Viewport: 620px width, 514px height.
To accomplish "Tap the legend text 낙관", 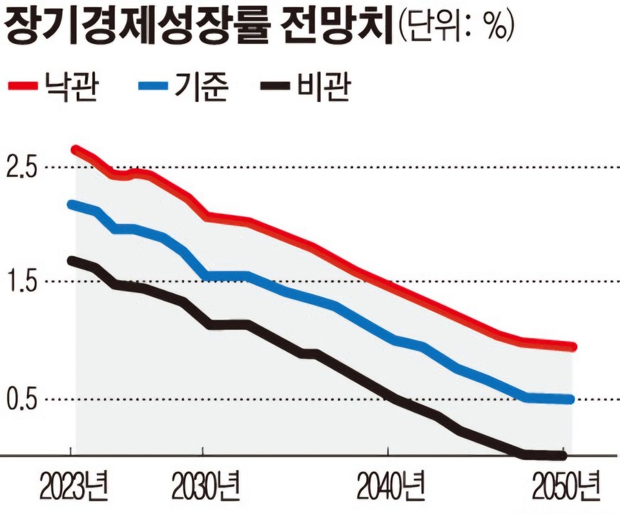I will (x=72, y=86).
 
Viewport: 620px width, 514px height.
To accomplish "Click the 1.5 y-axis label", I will (x=21, y=282).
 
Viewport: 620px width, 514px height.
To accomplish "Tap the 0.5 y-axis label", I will (x=21, y=400).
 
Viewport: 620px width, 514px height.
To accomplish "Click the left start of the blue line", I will (x=72, y=205).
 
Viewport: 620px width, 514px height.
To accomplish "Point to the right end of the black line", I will (x=564, y=456).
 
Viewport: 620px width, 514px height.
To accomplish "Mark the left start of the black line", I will (x=72, y=260).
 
